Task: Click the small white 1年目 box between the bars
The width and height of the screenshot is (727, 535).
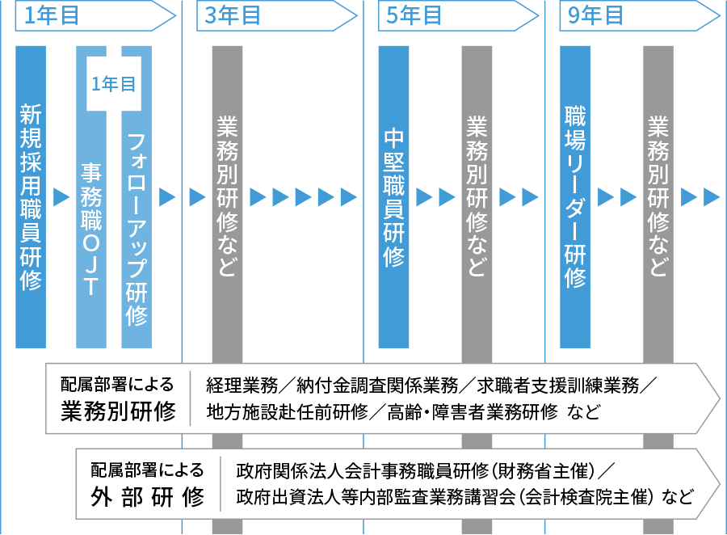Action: click(113, 84)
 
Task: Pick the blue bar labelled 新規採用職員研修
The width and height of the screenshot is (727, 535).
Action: click(31, 196)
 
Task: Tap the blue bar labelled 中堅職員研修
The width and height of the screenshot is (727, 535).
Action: click(393, 196)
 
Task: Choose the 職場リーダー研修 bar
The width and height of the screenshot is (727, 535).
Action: click(575, 196)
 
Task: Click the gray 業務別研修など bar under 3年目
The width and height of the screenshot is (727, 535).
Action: click(227, 196)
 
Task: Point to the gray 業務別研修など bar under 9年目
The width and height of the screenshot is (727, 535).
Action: click(658, 196)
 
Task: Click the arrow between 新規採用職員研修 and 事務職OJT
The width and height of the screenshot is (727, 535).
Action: click(61, 196)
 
